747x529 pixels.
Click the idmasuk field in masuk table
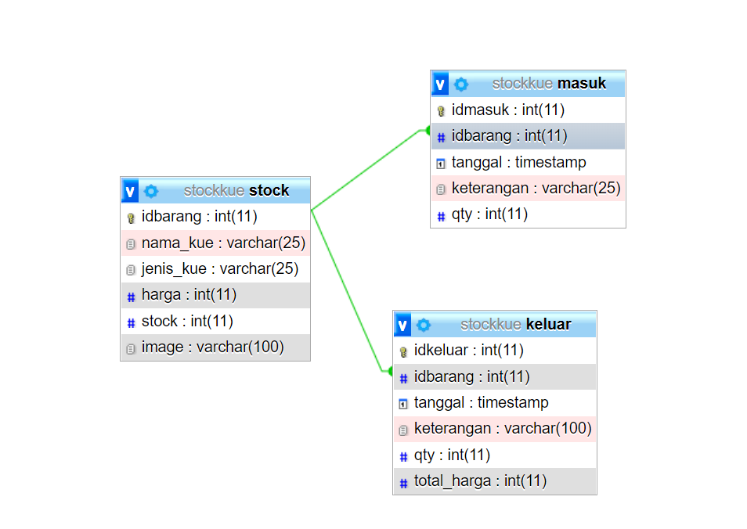(507, 110)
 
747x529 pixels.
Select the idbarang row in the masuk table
(509, 136)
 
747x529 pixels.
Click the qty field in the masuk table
(489, 214)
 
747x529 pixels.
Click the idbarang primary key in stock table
(199, 216)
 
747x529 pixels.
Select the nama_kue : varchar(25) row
(223, 243)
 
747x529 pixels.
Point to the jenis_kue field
(219, 268)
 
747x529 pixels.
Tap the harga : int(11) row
(189, 294)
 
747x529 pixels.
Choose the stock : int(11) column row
(187, 321)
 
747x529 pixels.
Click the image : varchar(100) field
(212, 347)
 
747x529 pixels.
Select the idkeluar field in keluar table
(468, 350)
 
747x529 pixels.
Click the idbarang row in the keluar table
(471, 376)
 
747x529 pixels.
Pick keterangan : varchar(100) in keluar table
(502, 428)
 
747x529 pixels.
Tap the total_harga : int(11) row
(480, 480)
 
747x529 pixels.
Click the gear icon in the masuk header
(461, 84)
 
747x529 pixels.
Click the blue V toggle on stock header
(130, 190)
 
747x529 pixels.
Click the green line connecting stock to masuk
(368, 169)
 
